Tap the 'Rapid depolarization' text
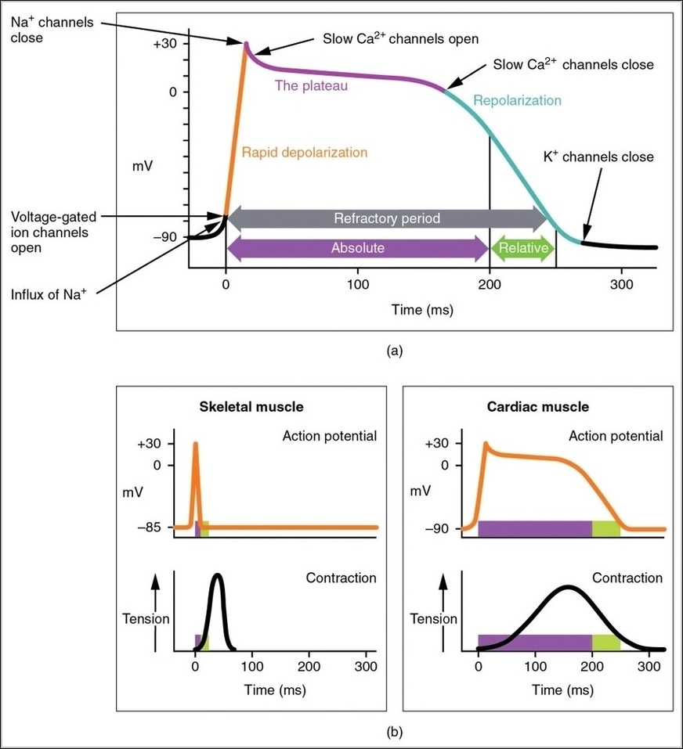[x=304, y=153]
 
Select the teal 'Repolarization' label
[x=517, y=100]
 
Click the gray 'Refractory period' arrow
[x=387, y=219]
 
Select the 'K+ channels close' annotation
[x=598, y=157]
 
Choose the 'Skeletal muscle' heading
[x=251, y=407]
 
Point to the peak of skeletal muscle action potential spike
[x=195, y=444]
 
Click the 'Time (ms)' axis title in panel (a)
[x=422, y=310]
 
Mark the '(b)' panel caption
[x=395, y=733]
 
